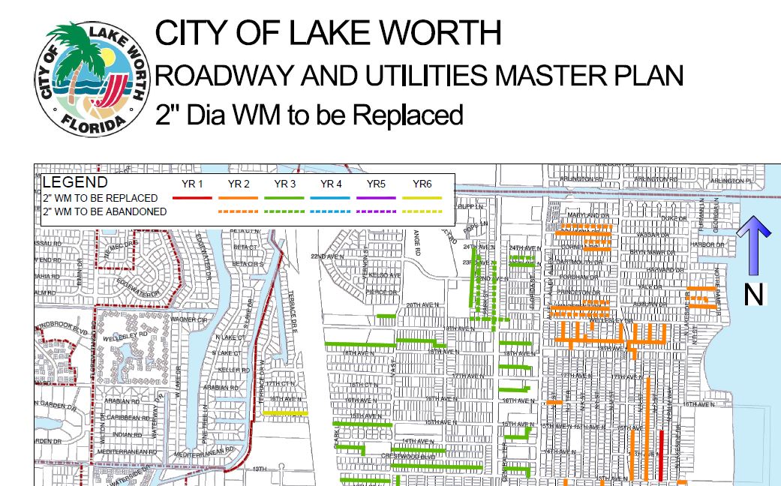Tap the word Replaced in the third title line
[x=407, y=115]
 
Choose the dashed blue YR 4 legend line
[x=331, y=212]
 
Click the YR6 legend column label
[x=422, y=184]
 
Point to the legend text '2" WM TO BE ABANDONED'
[x=104, y=211]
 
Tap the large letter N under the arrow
[x=753, y=295]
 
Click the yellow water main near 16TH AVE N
[x=284, y=412]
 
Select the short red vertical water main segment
[x=661, y=455]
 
